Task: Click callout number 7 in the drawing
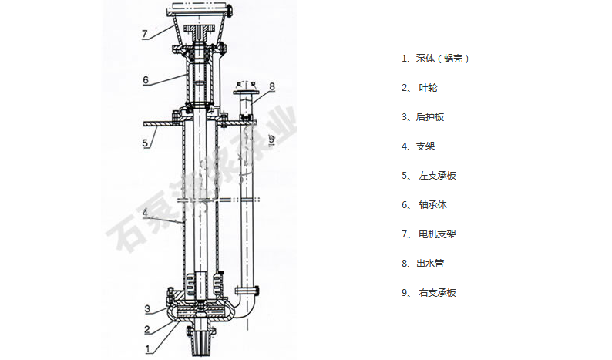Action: click(144, 33)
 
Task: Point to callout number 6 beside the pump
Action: click(144, 79)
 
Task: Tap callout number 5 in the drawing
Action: click(144, 143)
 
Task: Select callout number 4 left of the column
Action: click(144, 211)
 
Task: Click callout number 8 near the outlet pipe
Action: click(271, 86)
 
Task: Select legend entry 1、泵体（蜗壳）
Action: click(435, 59)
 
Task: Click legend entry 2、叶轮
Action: click(420, 88)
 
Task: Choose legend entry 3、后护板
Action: click(423, 117)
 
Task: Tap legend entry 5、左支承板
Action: click(429, 176)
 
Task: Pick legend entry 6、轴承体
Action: click(425, 205)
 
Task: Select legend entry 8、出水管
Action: click(423, 264)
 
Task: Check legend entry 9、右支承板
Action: click(429, 293)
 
